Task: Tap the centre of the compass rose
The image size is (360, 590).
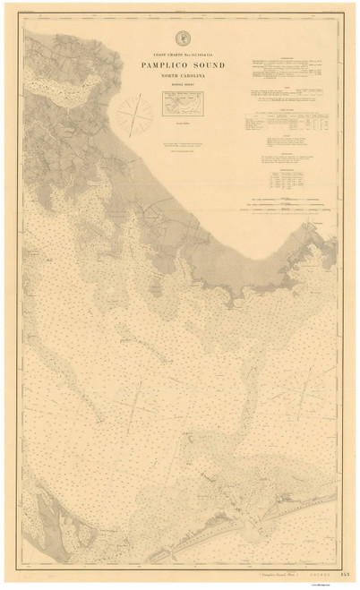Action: pyautogui.click(x=134, y=114)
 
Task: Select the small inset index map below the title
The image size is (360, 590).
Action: pyautogui.click(x=186, y=106)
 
